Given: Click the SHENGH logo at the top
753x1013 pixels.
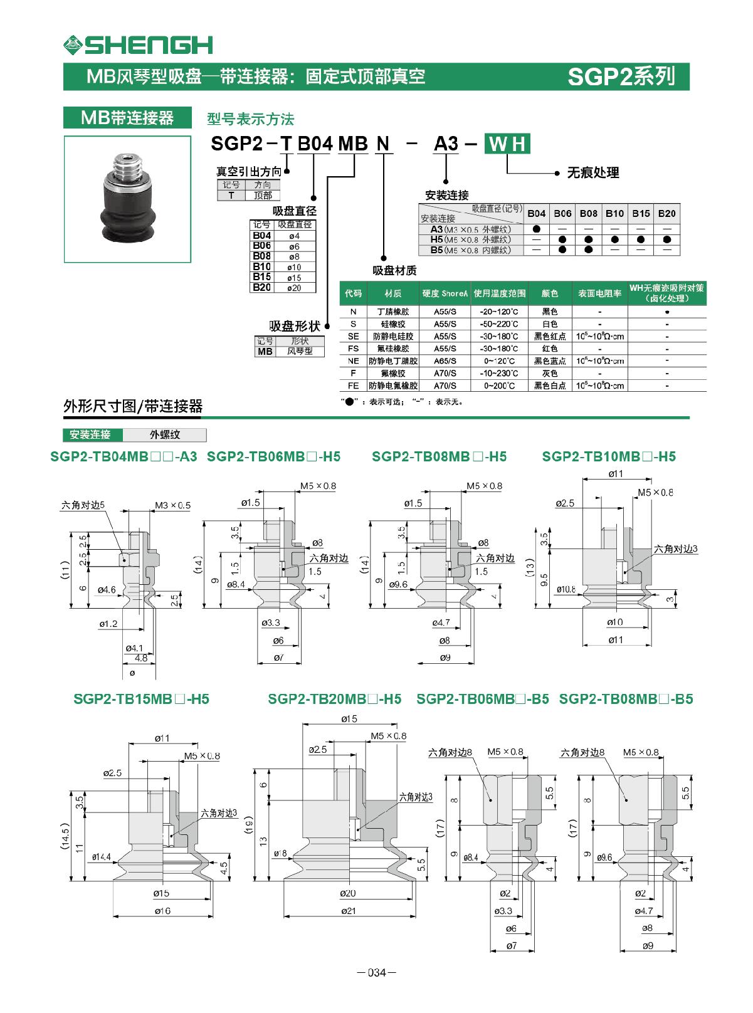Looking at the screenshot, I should point(138,45).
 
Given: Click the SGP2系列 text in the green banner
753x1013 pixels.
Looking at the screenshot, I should point(621,76).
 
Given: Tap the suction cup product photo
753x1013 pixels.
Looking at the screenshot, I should point(127,199).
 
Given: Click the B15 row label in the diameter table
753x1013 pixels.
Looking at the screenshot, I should point(261,276).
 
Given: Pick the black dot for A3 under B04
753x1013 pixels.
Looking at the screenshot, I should point(536,229).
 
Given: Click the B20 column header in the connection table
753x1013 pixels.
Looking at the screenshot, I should point(666,213).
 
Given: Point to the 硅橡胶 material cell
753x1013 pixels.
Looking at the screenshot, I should point(393,324).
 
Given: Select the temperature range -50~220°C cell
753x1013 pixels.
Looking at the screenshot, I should point(498,324).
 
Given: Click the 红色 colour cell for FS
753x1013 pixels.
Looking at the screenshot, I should point(550,349).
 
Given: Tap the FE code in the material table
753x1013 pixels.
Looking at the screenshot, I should point(354,386).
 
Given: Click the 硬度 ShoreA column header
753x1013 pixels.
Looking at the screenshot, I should point(445,293).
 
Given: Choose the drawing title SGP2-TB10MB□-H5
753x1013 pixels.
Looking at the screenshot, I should point(609,456).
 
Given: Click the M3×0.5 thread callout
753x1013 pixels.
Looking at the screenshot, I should point(172,505).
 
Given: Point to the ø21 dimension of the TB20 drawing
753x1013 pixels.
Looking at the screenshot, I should point(349,911).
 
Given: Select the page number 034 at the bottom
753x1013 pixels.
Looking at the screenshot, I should point(376,973).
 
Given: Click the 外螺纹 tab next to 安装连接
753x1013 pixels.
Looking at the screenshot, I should point(165,434).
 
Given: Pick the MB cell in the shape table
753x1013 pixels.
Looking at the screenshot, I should point(265,352).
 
